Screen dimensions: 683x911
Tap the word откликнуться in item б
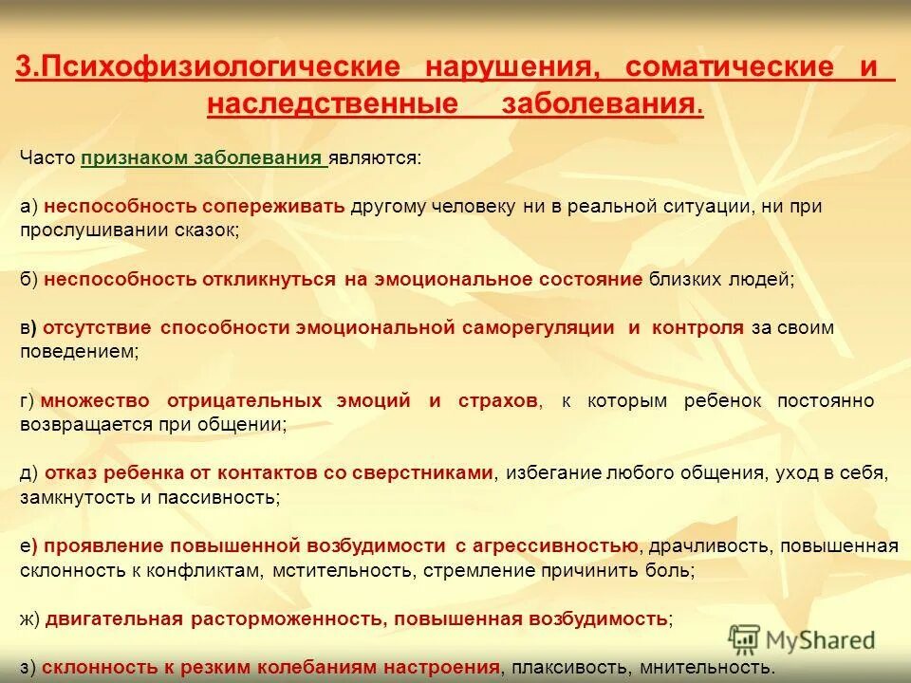coord(269,279)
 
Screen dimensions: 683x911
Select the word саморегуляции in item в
coord(537,328)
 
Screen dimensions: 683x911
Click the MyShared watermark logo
coord(801,639)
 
